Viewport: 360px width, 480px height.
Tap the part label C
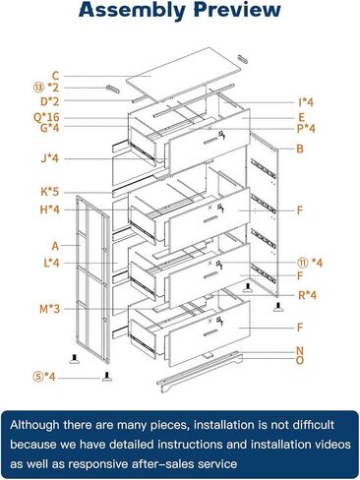click(56, 75)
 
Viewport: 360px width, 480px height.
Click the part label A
click(56, 246)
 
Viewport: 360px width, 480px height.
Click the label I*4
click(307, 102)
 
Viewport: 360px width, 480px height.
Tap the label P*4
click(307, 128)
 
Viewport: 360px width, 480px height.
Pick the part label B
click(300, 150)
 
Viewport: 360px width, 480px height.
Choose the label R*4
click(308, 294)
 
